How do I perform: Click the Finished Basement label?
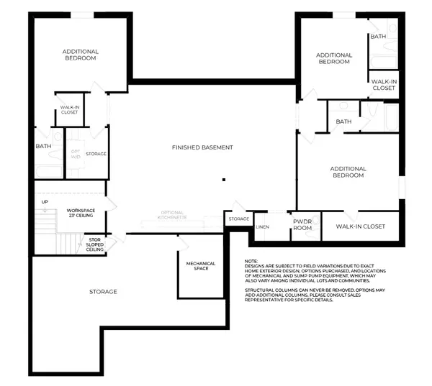[202, 147]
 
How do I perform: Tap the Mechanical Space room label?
[201, 267]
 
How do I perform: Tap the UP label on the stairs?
[45, 202]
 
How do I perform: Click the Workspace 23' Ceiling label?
[81, 213]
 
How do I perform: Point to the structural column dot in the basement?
[224, 179]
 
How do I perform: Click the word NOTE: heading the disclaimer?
[251, 261]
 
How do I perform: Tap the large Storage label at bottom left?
[103, 291]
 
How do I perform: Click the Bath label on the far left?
[43, 147]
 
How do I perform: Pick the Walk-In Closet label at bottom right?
[361, 226]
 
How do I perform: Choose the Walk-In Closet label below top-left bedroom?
[70, 110]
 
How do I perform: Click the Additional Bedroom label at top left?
[80, 55]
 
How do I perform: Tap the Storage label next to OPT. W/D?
[96, 154]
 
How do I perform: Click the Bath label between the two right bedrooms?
[343, 121]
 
